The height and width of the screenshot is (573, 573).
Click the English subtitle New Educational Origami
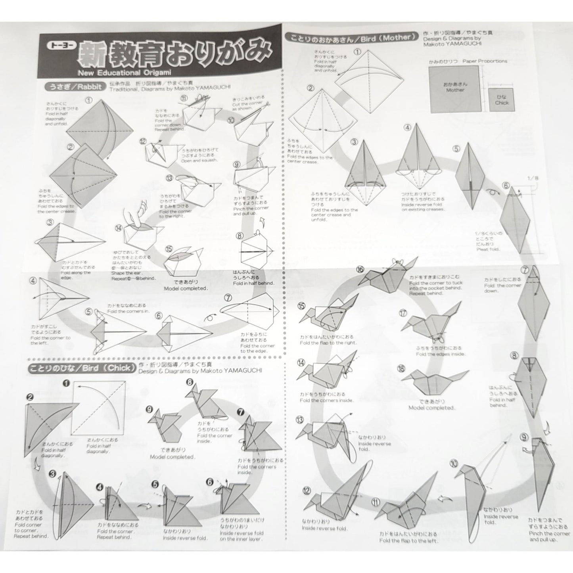point(125,73)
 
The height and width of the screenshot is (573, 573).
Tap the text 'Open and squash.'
point(199,161)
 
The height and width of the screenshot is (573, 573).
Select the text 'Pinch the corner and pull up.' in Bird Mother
point(549,536)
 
